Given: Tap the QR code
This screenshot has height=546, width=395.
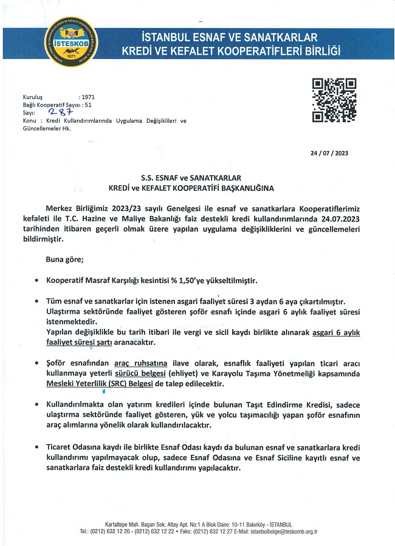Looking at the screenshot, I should point(334,100).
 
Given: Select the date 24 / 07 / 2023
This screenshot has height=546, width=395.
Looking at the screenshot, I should point(329,153).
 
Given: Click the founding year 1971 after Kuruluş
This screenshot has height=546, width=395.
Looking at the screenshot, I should point(88,97).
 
